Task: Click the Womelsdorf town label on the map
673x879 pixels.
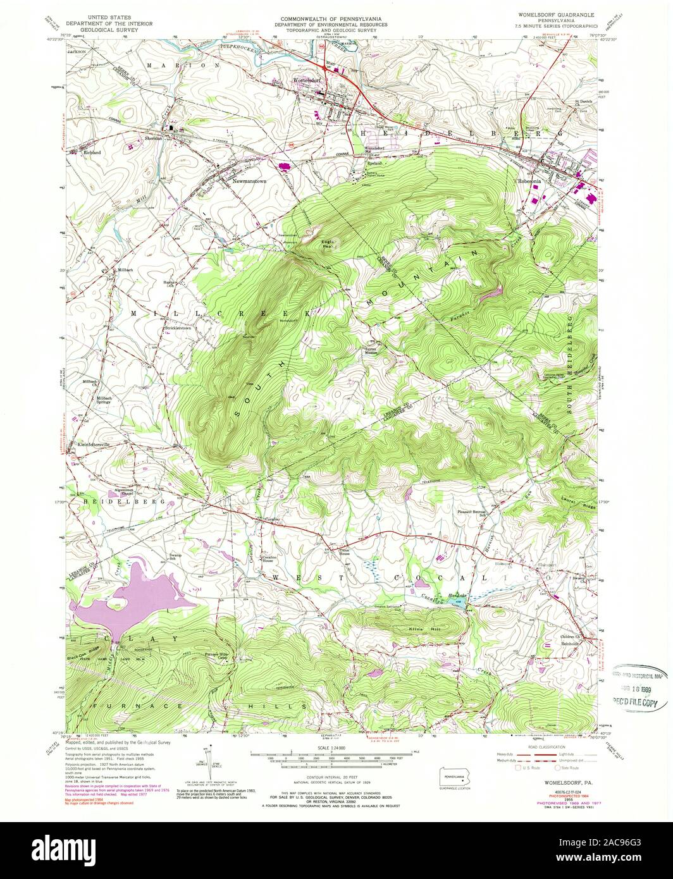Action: pyautogui.click(x=307, y=81)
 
